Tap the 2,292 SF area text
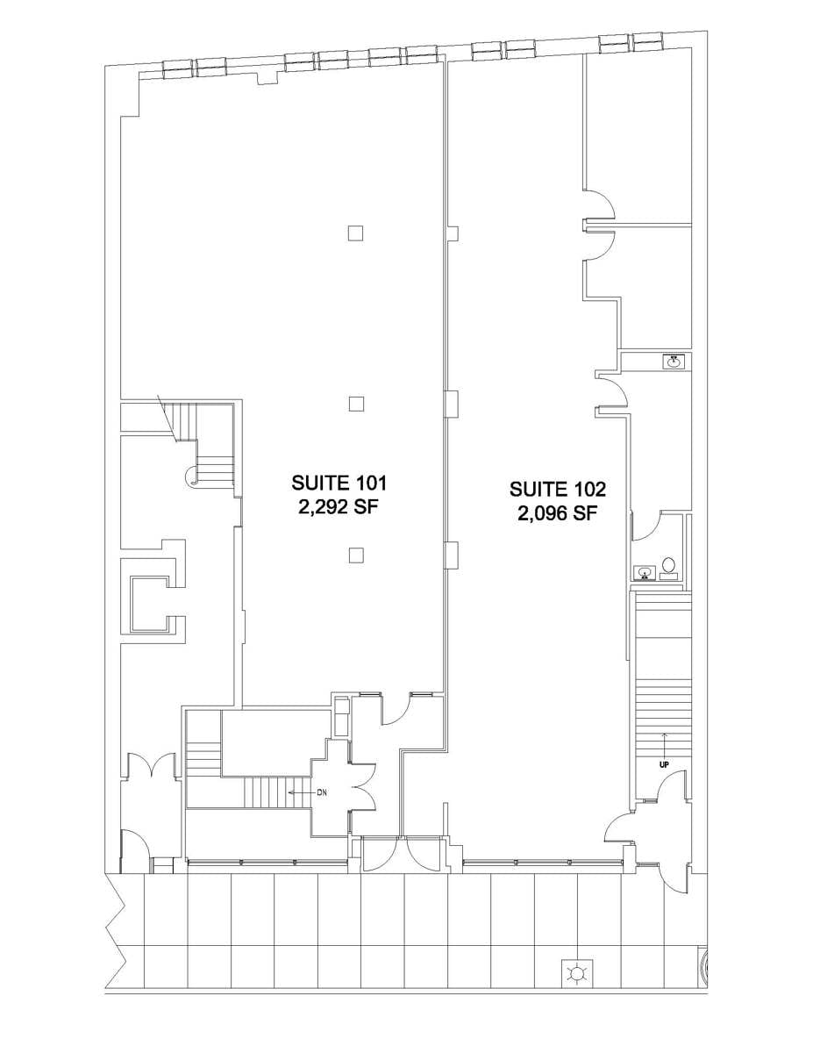tap(339, 508)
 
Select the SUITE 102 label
tap(558, 489)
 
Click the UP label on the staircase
tap(664, 764)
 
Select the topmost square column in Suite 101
tap(355, 233)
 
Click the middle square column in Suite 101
tap(355, 403)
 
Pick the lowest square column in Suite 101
tap(355, 554)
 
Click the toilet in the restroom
tap(669, 566)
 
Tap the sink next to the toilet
tap(645, 573)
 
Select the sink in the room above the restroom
tap(674, 360)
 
